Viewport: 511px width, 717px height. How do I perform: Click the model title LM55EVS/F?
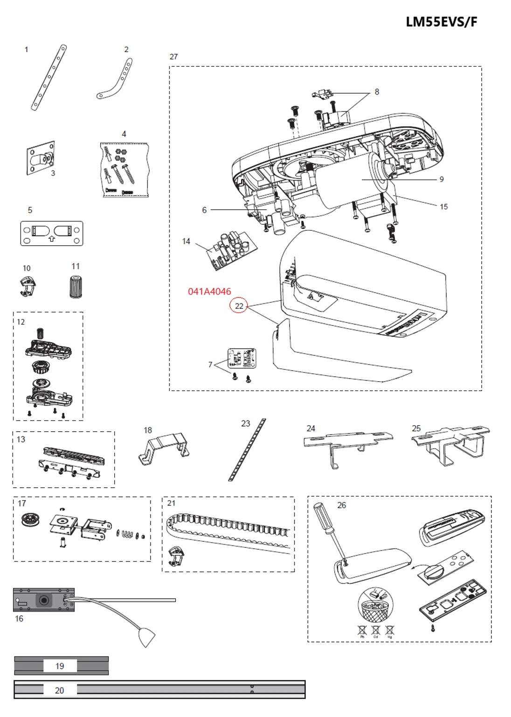(x=441, y=22)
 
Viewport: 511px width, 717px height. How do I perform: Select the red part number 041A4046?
(x=209, y=291)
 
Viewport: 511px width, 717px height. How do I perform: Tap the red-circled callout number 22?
(x=239, y=306)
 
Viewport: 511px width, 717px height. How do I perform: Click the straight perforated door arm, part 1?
(x=48, y=77)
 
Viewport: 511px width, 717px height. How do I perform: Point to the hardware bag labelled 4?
(x=124, y=170)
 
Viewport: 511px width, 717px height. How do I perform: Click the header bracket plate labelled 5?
(x=51, y=233)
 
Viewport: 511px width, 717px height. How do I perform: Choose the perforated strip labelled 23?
(x=247, y=450)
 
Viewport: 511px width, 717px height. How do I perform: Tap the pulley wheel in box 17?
(x=30, y=520)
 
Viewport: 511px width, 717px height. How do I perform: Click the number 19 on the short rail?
(x=60, y=666)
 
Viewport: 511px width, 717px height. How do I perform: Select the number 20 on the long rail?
(x=60, y=690)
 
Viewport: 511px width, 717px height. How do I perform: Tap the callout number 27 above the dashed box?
(x=173, y=57)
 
